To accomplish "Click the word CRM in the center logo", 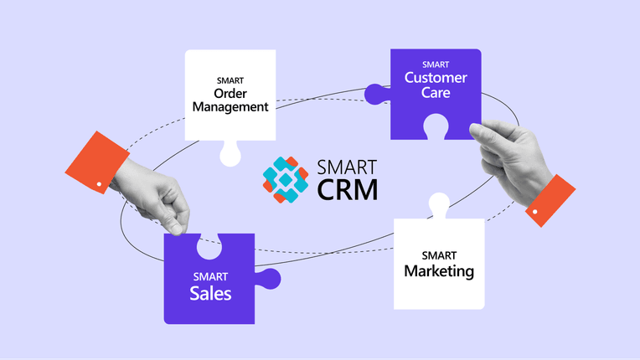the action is point(348,189).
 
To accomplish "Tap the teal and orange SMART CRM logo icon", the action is point(286,179).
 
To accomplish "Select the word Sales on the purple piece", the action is point(210,294).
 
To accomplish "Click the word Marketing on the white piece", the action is point(439,271).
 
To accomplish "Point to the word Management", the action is point(230,107).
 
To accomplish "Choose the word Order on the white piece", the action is point(230,94).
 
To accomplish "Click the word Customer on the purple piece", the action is point(436,78).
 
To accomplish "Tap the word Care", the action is point(436,93).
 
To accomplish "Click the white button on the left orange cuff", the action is point(99,184).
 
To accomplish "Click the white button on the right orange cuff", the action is point(534,212).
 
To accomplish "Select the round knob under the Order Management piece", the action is point(230,155).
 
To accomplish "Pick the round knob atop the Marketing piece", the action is point(439,204).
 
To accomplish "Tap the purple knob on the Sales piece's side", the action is point(269,279).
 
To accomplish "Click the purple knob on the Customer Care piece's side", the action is point(377,94).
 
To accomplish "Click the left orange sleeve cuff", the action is point(97,162).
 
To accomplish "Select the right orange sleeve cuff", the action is point(550,201).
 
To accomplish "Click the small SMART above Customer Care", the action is point(436,64).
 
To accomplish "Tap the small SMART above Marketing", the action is point(439,255).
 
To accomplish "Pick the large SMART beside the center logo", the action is point(347,167).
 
